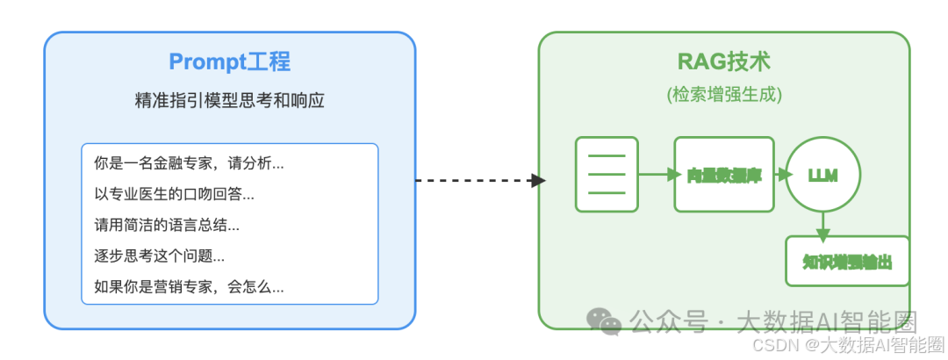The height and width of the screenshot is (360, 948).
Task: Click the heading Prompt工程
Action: coord(229,62)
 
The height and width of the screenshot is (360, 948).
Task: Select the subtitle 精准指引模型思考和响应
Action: coord(229,101)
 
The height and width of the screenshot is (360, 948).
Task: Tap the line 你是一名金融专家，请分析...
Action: coord(189,163)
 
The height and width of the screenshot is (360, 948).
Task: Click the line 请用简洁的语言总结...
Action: coord(167,225)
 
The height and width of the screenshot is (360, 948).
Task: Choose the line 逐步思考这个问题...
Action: coord(159,256)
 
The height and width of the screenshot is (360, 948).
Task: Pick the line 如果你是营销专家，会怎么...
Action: coord(189,287)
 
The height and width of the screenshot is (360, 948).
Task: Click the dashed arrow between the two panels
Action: coord(479,180)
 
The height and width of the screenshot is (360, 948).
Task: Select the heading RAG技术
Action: coord(724,62)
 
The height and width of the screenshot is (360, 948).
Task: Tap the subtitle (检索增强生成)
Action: coord(724,94)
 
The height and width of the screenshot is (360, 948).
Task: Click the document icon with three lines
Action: coord(607,174)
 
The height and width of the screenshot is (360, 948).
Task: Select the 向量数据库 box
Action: coord(724,174)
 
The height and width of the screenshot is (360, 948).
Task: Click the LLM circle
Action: coord(822,175)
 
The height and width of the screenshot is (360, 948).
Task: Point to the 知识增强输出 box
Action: coord(847,261)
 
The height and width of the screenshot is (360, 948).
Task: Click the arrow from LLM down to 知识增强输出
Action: coord(822,224)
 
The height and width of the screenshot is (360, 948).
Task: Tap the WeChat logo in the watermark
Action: coord(607,321)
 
